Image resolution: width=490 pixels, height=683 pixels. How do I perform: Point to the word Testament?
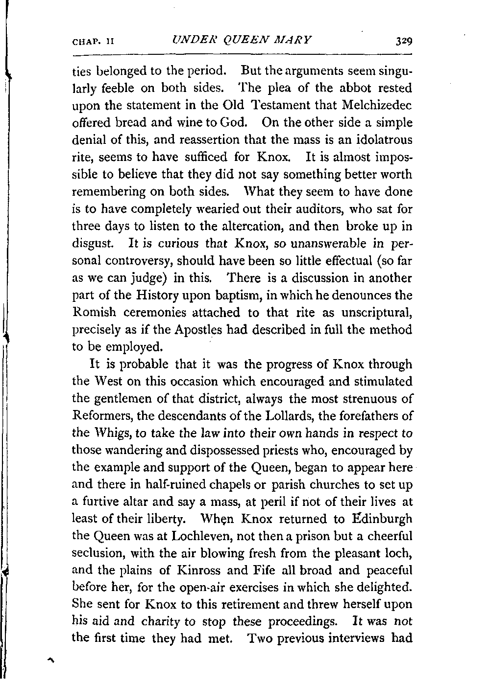coord(281,105)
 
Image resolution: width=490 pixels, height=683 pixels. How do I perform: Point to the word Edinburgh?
coord(380,519)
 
